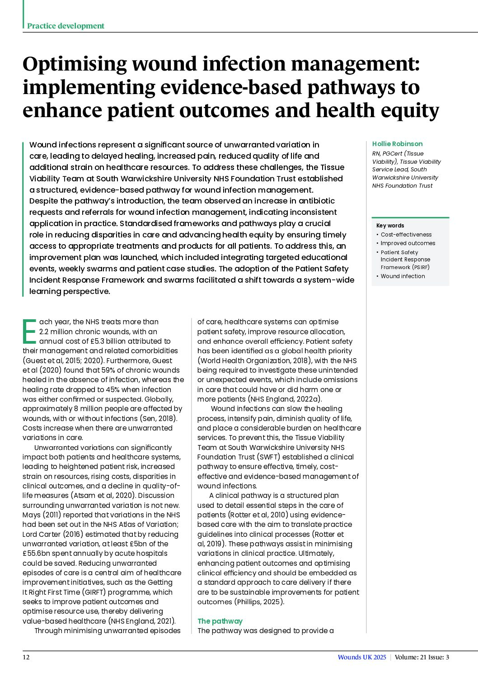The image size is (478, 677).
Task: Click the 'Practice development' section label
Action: point(66,26)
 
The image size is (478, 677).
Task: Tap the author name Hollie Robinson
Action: point(397,144)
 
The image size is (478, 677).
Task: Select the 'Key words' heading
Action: point(390,225)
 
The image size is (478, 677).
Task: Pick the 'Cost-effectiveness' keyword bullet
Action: point(406,234)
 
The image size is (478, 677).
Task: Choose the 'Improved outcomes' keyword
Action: point(408,243)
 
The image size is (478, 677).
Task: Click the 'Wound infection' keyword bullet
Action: point(403,276)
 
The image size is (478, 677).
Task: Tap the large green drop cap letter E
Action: point(29,331)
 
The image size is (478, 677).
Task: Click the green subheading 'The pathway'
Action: point(220,621)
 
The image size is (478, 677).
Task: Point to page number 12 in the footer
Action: point(26,657)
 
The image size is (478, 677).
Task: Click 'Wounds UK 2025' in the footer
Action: point(362,657)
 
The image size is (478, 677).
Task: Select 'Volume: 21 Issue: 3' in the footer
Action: point(422,657)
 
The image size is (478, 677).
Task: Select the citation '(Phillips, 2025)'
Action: point(259,601)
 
